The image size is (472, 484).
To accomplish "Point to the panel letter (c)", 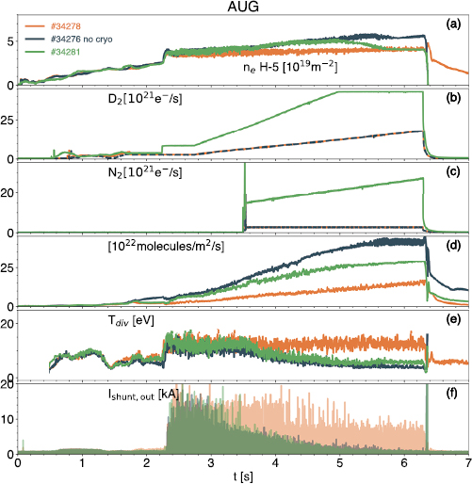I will pos(451,170).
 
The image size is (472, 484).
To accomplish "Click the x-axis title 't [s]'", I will pos(244,476).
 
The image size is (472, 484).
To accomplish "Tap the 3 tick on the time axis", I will pos(211,462).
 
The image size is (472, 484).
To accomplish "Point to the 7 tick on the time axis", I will pos(468,462).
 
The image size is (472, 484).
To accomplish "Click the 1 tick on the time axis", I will pos(83,462).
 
